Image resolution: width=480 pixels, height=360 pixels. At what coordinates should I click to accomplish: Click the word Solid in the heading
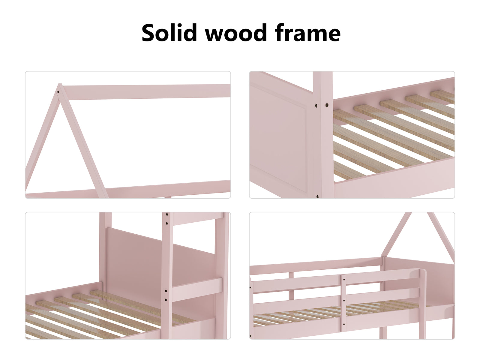pyautogui.click(x=169, y=32)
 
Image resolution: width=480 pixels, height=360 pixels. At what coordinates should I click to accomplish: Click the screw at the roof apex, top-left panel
pyautogui.click(x=58, y=92)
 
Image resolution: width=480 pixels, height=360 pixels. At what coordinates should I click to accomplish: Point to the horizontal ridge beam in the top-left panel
pyautogui.click(x=146, y=91)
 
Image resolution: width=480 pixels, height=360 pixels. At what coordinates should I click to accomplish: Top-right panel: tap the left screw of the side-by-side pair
pyautogui.click(x=316, y=106)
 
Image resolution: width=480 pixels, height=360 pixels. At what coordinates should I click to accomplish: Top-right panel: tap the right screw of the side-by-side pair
pyautogui.click(x=327, y=105)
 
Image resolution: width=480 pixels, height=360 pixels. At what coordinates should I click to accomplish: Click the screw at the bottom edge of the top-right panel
pyautogui.click(x=317, y=197)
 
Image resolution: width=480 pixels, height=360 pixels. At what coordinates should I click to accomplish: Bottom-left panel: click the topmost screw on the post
pyautogui.click(x=167, y=214)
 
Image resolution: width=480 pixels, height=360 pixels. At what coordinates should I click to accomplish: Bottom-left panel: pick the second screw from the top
pyautogui.click(x=167, y=224)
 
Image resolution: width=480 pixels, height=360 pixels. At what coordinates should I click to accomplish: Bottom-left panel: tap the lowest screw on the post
pyautogui.click(x=166, y=300)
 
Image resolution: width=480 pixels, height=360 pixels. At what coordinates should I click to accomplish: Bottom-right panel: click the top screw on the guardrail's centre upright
pyautogui.click(x=344, y=280)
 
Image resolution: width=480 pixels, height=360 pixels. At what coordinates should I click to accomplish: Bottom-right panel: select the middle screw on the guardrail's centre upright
pyautogui.click(x=344, y=301)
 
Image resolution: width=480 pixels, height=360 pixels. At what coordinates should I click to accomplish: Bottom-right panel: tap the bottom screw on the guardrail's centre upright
pyautogui.click(x=344, y=325)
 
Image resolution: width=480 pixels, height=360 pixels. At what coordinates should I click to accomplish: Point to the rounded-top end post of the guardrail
pyautogui.click(x=423, y=304)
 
